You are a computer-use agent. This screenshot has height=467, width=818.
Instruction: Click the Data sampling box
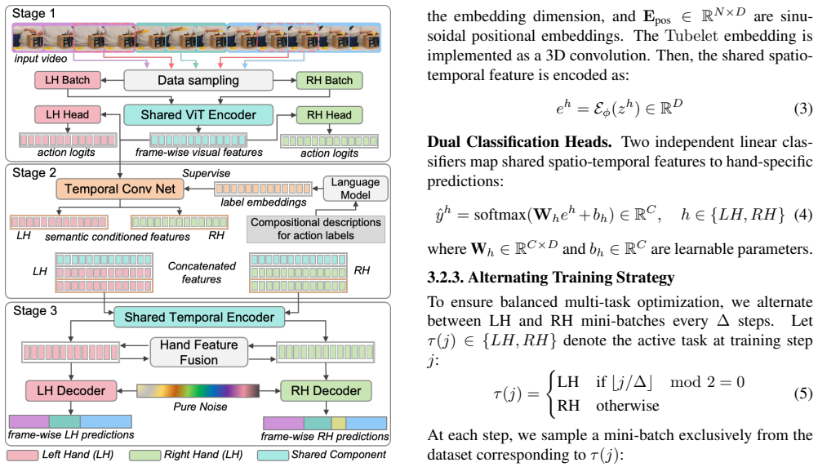(x=198, y=80)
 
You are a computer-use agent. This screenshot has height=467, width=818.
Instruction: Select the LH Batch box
(x=67, y=80)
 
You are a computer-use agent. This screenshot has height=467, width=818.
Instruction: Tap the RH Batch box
(x=329, y=80)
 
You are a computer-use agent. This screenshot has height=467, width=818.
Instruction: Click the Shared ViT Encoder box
(x=198, y=115)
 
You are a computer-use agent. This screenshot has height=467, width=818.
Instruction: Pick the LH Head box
(x=67, y=114)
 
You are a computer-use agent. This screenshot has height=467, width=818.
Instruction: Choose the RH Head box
(x=329, y=115)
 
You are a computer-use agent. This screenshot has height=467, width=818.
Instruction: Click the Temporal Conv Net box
(x=120, y=189)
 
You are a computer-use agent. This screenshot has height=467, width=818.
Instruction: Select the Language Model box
(x=355, y=189)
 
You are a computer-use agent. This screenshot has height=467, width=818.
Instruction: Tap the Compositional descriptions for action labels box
(x=316, y=229)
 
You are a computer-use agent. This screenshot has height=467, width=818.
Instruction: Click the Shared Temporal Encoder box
(x=199, y=318)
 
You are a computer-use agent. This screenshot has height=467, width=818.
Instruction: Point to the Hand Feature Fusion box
(x=198, y=352)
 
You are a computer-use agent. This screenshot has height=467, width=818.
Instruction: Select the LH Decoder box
(x=71, y=391)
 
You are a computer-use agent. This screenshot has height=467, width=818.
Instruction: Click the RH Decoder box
(x=326, y=391)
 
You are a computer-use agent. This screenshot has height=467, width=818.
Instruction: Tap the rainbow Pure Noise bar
(x=198, y=391)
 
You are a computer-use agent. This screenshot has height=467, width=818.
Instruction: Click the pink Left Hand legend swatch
(x=22, y=456)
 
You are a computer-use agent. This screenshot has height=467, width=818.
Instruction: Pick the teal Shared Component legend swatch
(x=273, y=456)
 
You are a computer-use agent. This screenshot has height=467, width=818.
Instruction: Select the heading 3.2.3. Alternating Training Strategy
(x=551, y=277)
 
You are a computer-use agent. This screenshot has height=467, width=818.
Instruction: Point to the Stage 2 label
(x=34, y=173)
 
